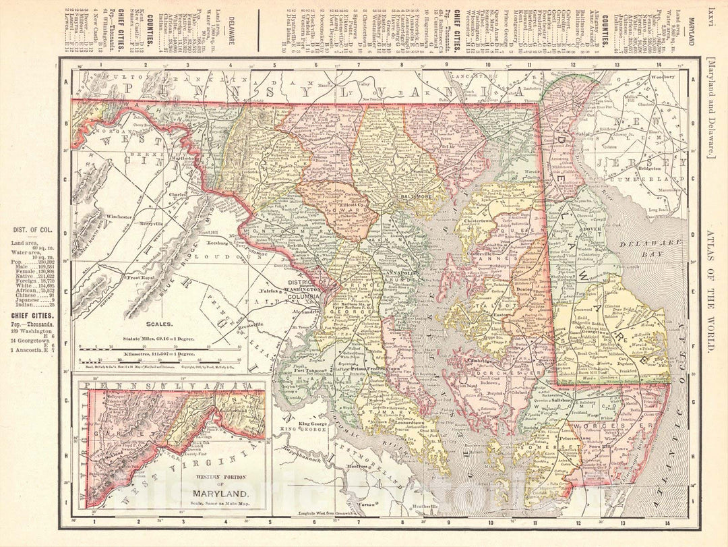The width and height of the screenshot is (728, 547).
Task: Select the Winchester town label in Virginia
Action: (123, 217)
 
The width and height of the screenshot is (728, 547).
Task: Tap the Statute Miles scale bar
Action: (160, 349)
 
